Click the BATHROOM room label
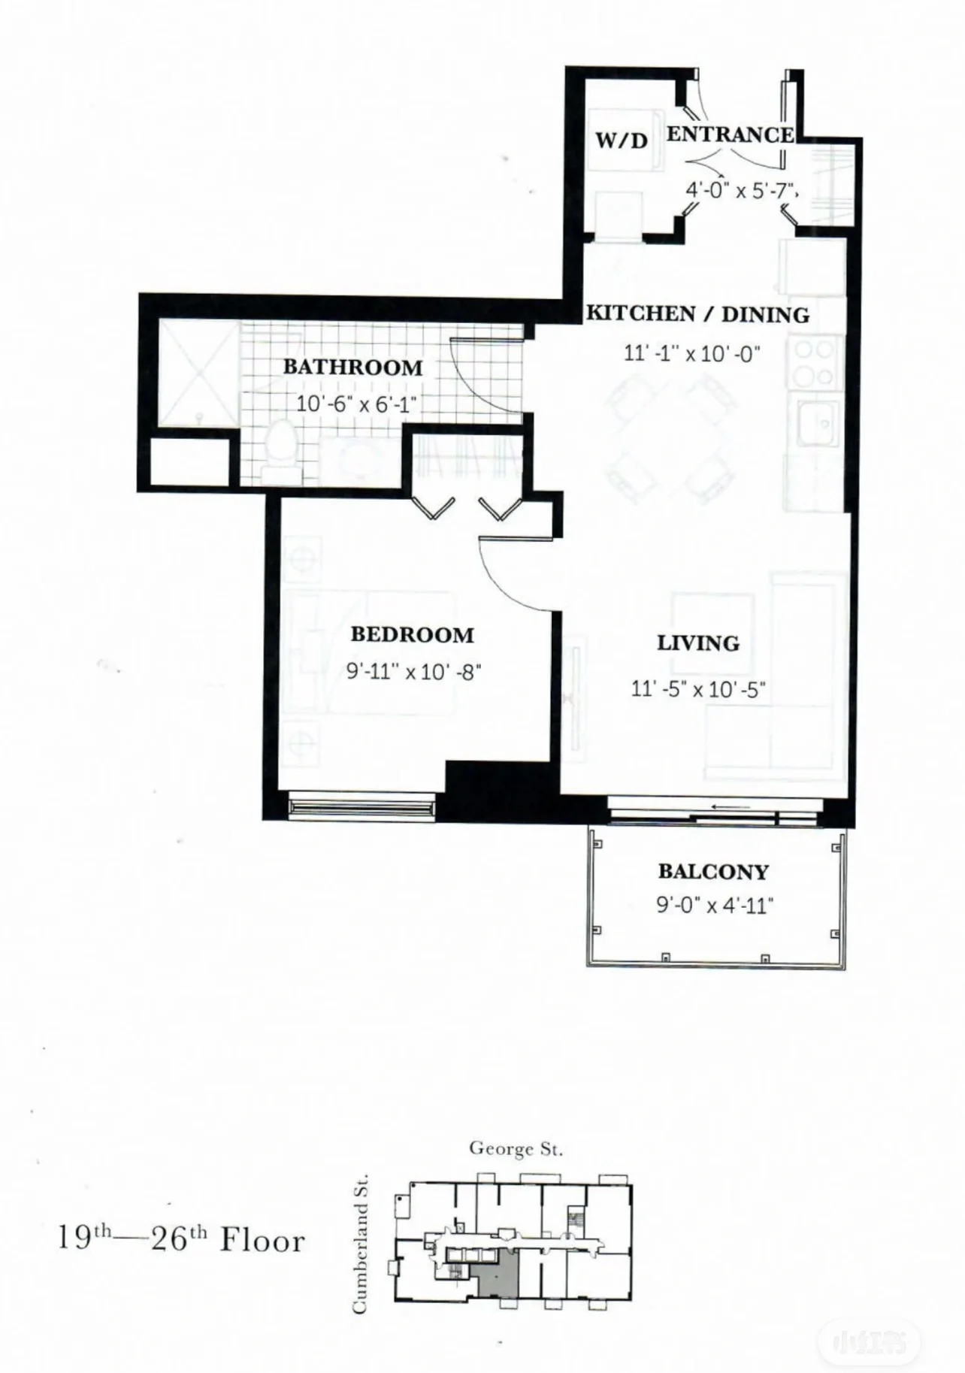pos(352,367)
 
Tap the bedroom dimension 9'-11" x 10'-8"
pos(414,671)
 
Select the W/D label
pos(621,141)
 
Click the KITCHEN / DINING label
pos(697,314)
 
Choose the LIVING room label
pos(698,643)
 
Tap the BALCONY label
pos(713,872)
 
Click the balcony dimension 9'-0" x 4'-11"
pos(715,905)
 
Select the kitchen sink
pos(818,423)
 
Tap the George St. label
pos(516,1148)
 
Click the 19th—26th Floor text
pos(181,1239)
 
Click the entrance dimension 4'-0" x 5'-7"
pos(740,190)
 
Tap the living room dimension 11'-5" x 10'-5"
pos(698,688)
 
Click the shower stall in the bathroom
pos(198,373)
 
